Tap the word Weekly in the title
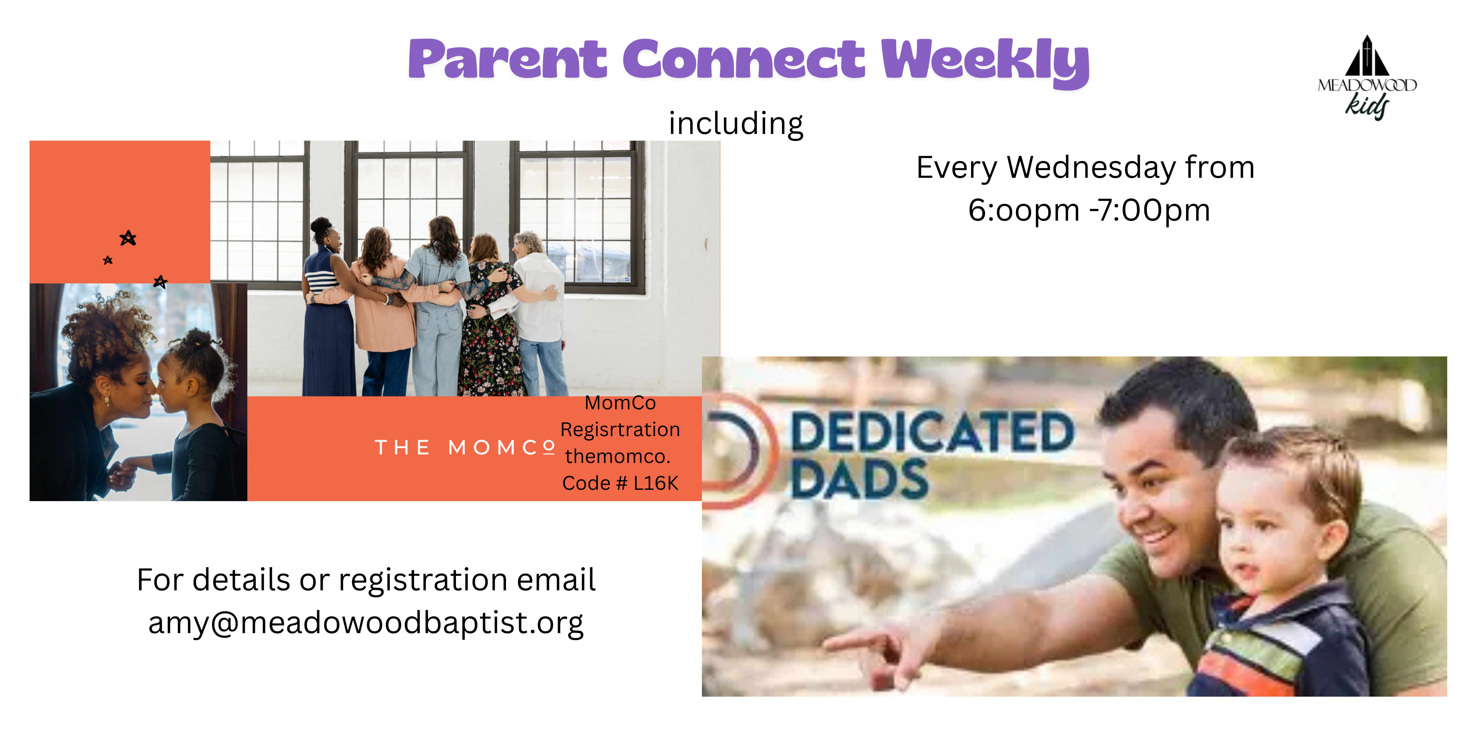click(985, 62)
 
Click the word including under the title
click(736, 124)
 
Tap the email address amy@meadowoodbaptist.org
click(366, 623)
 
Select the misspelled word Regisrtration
click(620, 430)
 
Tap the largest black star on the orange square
click(128, 238)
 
